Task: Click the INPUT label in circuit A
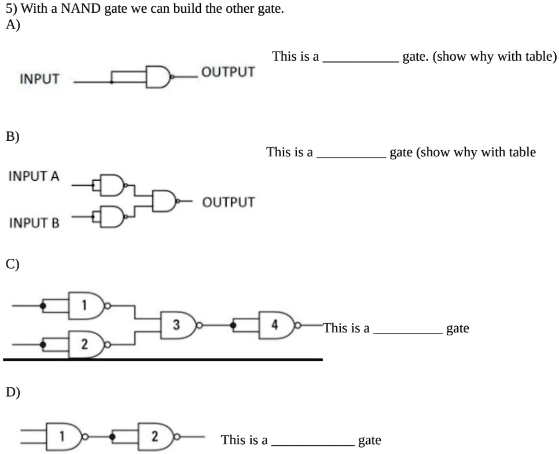click(39, 80)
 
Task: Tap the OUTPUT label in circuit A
click(227, 72)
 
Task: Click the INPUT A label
click(34, 176)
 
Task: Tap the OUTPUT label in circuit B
click(228, 202)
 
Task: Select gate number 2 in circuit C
click(87, 343)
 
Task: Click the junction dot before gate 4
click(233, 325)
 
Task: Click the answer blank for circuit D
click(312, 441)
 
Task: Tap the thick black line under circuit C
click(162, 360)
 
